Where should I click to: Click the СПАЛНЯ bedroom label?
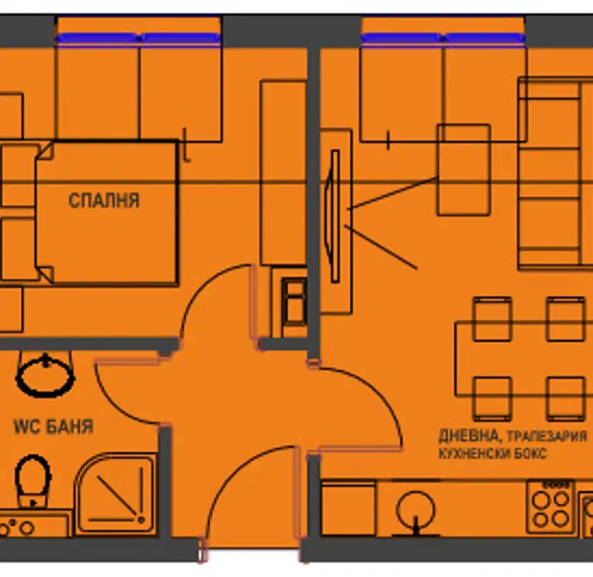[104, 201]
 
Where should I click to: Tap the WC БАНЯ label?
[54, 426]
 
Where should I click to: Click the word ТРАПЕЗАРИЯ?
[547, 437]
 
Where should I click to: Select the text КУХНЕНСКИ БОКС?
[493, 453]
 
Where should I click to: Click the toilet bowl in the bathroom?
[33, 480]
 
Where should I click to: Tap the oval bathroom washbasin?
[45, 376]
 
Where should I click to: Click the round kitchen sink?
[416, 509]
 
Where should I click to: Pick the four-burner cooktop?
[551, 507]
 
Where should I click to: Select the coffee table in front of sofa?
[464, 170]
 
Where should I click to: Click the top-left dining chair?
[492, 319]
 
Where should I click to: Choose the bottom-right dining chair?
[566, 398]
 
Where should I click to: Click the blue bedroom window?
[139, 38]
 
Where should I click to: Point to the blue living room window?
[443, 38]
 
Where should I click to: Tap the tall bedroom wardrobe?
[283, 173]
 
